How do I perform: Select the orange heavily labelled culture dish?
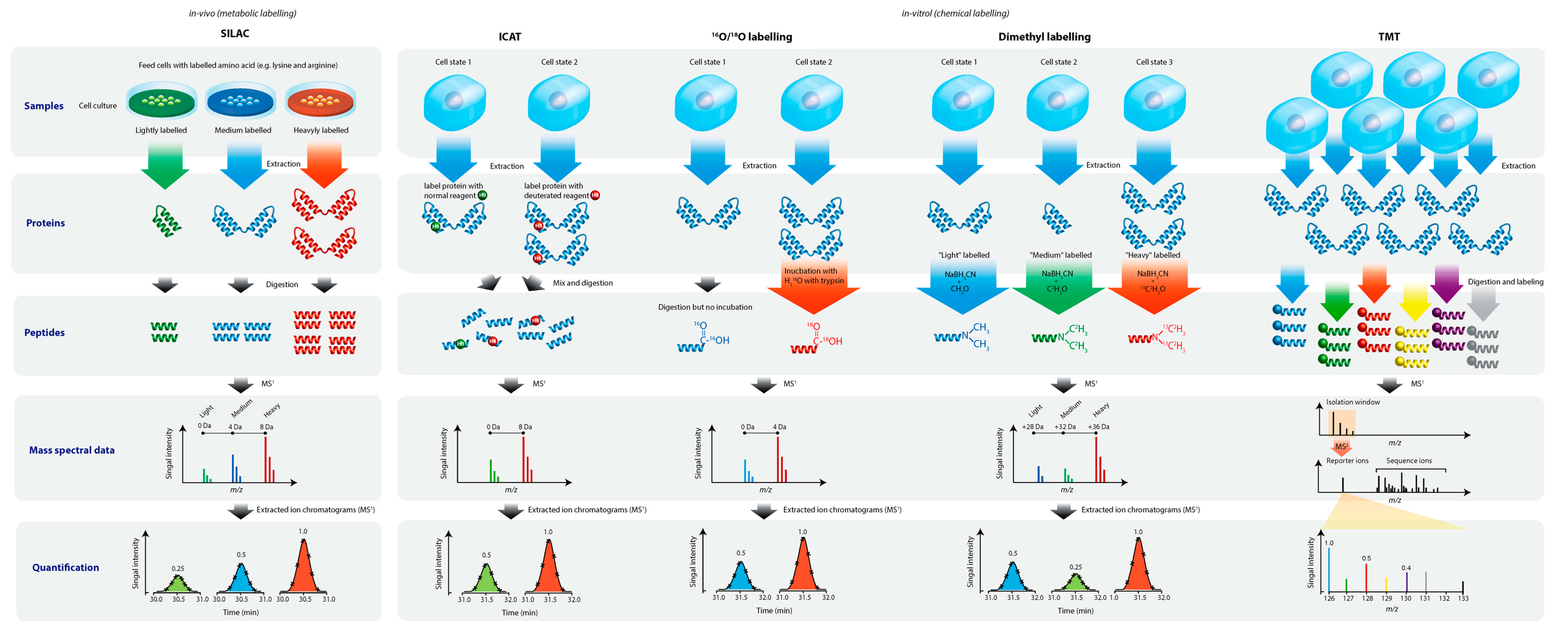(x=320, y=102)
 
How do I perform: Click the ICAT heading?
(x=509, y=37)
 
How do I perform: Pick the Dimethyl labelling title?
(x=1044, y=37)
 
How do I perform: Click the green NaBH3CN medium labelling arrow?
(x=1058, y=286)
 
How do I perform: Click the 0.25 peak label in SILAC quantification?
(x=178, y=568)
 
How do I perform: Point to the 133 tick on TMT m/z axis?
(x=1463, y=598)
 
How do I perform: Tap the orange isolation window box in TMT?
(x=1342, y=423)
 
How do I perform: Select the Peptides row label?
(x=45, y=332)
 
